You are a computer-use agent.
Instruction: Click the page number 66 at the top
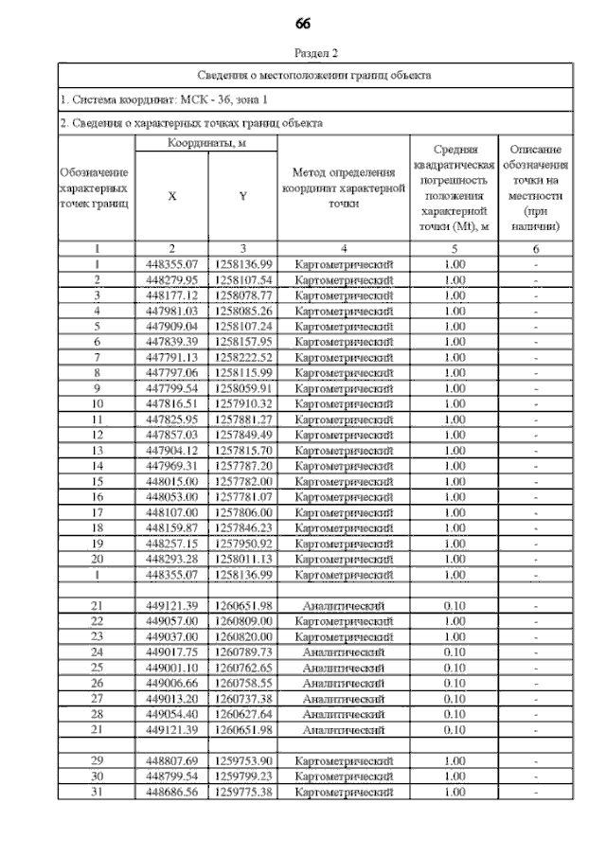[303, 23]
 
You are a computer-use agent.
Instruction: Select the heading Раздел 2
[316, 54]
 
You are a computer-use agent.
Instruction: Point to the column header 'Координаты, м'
[205, 142]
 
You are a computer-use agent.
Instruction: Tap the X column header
[171, 196]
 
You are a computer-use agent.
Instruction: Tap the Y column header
[243, 196]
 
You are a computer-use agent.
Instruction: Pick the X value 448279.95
[171, 279]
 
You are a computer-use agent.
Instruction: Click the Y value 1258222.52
[243, 356]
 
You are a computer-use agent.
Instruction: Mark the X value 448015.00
[171, 480]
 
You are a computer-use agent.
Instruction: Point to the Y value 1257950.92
[243, 543]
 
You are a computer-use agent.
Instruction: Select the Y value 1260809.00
[243, 620]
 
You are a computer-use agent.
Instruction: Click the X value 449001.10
[171, 667]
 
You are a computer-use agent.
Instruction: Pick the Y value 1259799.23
[243, 776]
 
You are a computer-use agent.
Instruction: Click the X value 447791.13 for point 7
[171, 356]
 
